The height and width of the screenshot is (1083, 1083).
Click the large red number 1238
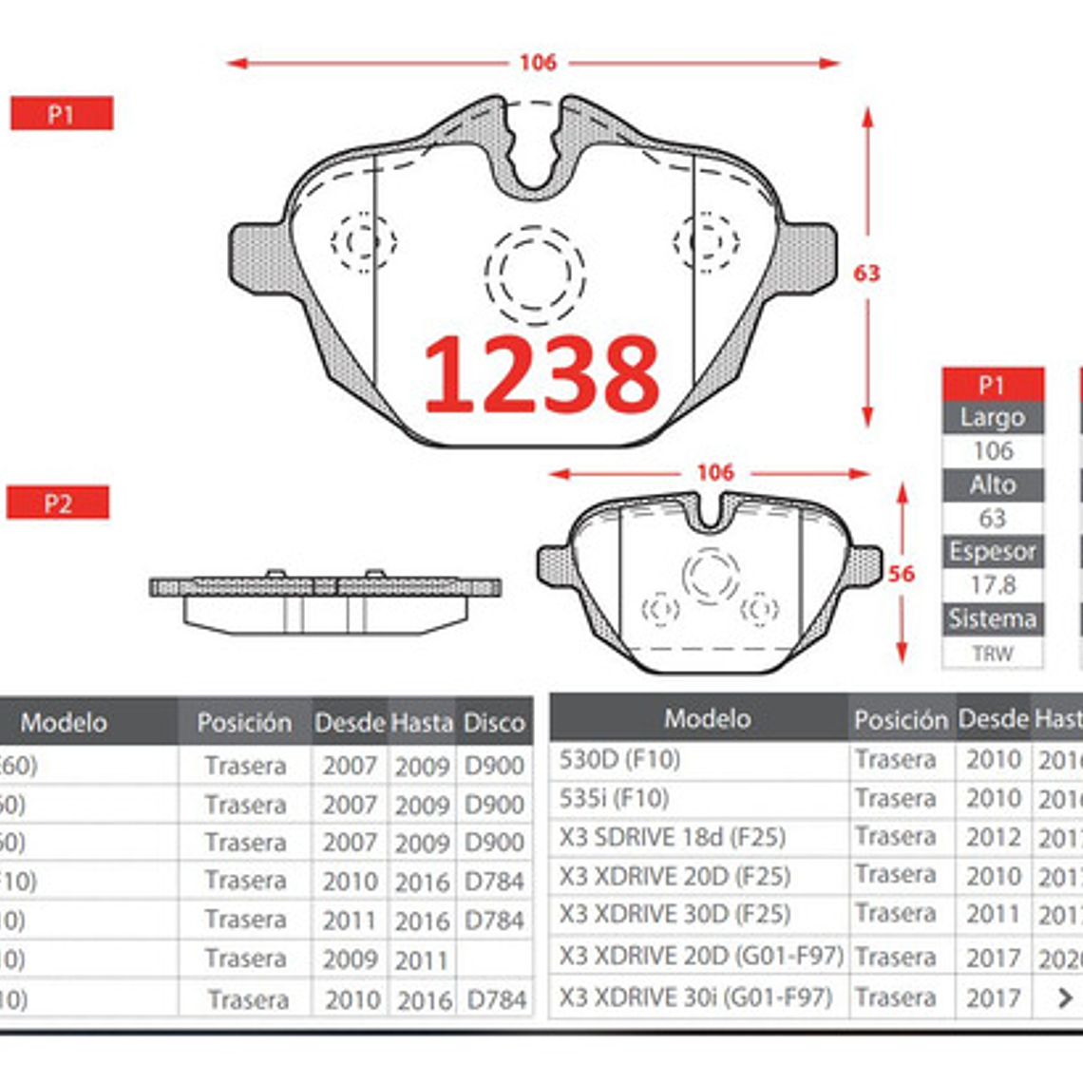click(541, 374)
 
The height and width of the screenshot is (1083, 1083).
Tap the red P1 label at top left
click(62, 114)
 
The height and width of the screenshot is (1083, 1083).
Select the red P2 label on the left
click(58, 503)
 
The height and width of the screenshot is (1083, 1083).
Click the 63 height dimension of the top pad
click(866, 274)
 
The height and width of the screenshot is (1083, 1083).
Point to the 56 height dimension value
click(901, 574)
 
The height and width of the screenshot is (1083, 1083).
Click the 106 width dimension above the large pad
click(538, 63)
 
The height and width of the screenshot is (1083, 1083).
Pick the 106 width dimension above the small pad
click(714, 472)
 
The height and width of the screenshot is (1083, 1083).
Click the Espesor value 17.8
click(993, 585)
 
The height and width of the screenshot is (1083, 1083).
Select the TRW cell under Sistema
click(993, 654)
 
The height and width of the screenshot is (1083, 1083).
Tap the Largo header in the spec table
click(993, 417)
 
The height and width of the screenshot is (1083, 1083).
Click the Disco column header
click(494, 723)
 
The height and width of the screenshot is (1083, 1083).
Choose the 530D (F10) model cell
click(619, 759)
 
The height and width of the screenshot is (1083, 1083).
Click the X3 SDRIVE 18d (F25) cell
click(672, 837)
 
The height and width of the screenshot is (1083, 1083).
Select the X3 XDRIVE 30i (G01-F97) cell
click(695, 997)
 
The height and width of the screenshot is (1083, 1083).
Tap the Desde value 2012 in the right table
click(993, 837)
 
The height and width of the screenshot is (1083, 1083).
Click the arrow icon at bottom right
click(1065, 997)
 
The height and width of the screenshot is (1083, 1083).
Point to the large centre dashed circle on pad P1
click(534, 274)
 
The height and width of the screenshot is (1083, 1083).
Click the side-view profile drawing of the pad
click(325, 601)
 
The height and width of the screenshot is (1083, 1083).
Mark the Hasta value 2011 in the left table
click(421, 959)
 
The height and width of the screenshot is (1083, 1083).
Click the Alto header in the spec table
click(993, 484)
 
